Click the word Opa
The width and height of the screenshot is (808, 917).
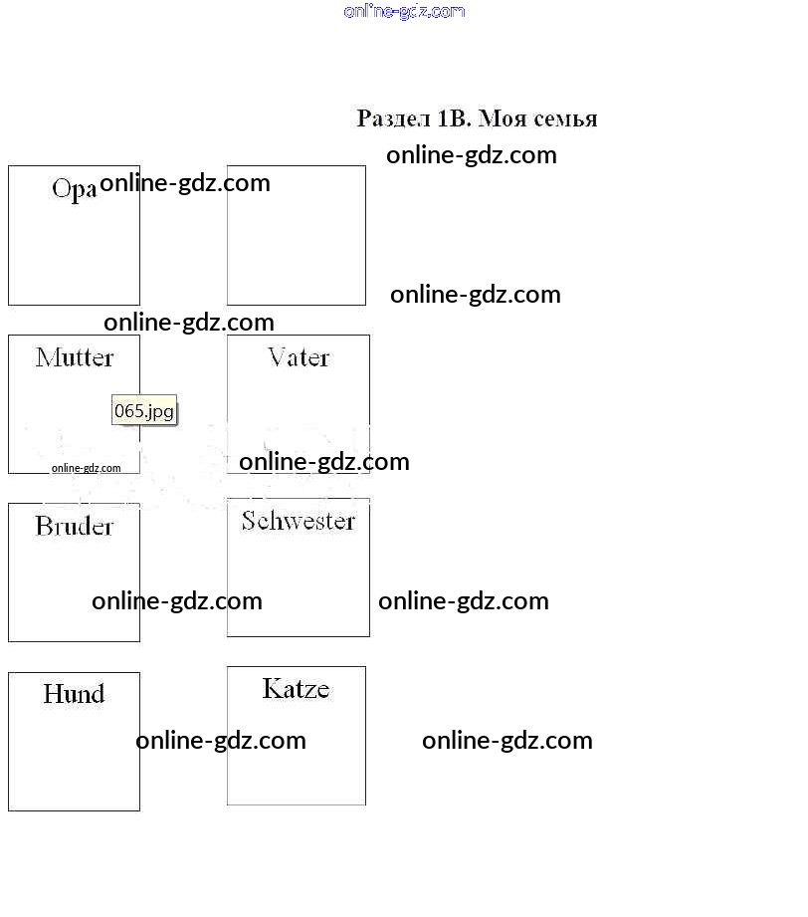[x=74, y=189]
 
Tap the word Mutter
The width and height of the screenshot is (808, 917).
[x=75, y=357]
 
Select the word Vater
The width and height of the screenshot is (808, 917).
[x=299, y=357]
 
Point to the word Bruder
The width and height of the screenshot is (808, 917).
[x=75, y=526]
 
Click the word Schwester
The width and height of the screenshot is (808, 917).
[x=298, y=521]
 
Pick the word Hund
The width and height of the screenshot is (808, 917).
[x=74, y=694]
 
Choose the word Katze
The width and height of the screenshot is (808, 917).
[x=296, y=689]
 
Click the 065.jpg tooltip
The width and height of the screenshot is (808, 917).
[x=144, y=410]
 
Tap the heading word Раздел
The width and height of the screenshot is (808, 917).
[x=394, y=119]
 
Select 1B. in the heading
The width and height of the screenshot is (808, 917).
[x=454, y=119]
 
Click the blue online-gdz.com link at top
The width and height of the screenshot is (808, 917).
[x=404, y=12]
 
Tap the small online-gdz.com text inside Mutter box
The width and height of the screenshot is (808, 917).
[x=87, y=468]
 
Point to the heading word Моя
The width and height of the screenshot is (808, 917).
[x=503, y=119]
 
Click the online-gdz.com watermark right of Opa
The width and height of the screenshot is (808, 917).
[x=185, y=183]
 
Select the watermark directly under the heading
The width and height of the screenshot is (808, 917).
[x=472, y=155]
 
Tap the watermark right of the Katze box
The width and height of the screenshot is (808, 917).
[x=507, y=741]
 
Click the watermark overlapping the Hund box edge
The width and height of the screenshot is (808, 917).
[x=221, y=741]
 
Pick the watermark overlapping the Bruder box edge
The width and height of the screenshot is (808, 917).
[x=177, y=601]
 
